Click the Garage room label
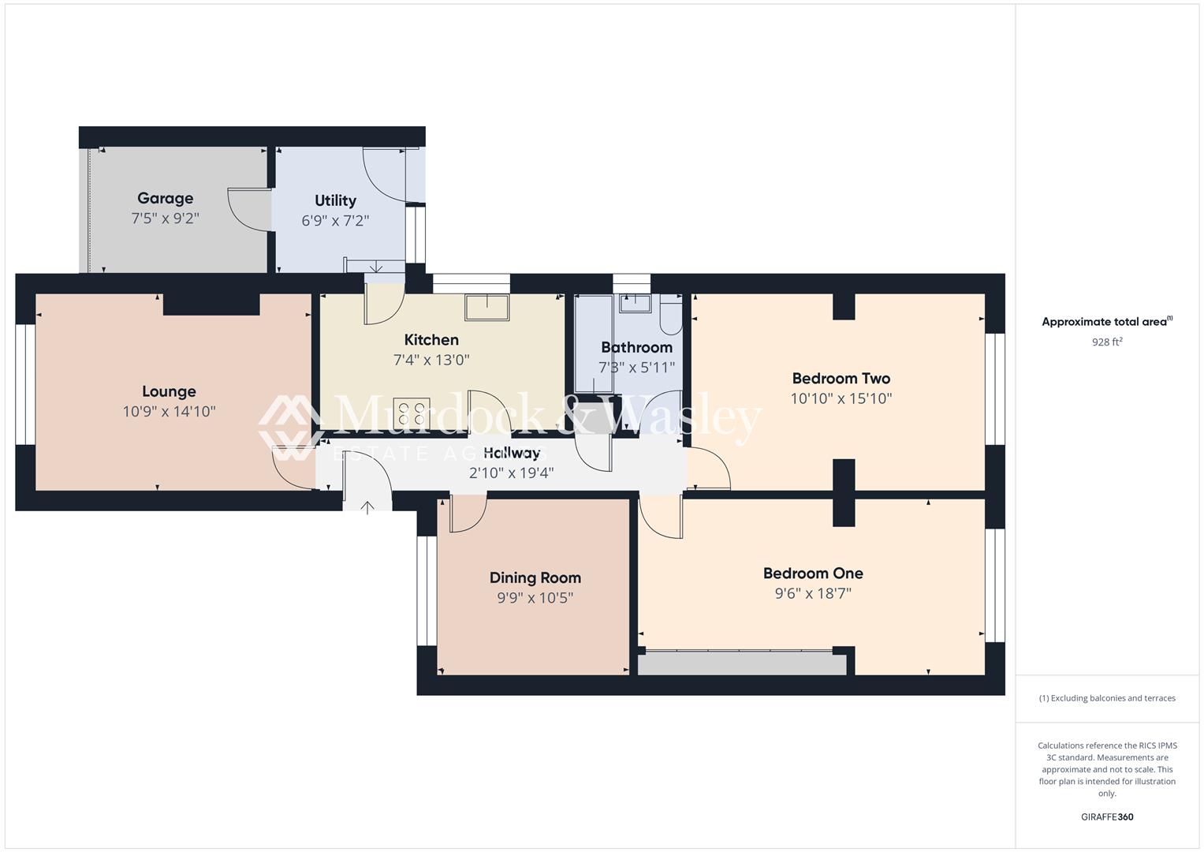pyautogui.click(x=165, y=198)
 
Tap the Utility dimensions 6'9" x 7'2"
pyautogui.click(x=335, y=221)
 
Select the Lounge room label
pyautogui.click(x=169, y=391)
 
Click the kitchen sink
pyautogui.click(x=486, y=307)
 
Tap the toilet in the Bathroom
pyautogui.click(x=671, y=316)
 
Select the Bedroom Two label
pyautogui.click(x=841, y=378)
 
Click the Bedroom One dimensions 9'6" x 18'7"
pyautogui.click(x=813, y=593)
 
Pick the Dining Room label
pyautogui.click(x=535, y=577)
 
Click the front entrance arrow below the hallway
pyautogui.click(x=367, y=506)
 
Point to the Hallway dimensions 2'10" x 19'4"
pyautogui.click(x=511, y=473)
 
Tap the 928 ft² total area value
pyautogui.click(x=1106, y=342)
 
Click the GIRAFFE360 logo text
pyautogui.click(x=1106, y=816)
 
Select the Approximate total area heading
pyautogui.click(x=1106, y=322)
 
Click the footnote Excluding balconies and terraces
pyautogui.click(x=1106, y=698)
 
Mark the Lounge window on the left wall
pyautogui.click(x=26, y=384)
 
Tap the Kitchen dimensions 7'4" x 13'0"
pyautogui.click(x=431, y=361)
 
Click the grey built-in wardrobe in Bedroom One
pyautogui.click(x=741, y=664)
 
